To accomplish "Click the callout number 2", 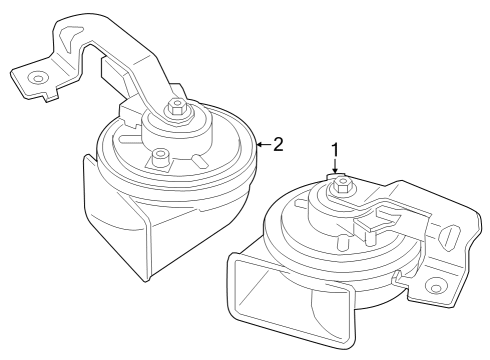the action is pos(279,144).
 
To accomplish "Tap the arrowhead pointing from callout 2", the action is pos(259,145).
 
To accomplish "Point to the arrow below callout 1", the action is pos(336,171).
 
